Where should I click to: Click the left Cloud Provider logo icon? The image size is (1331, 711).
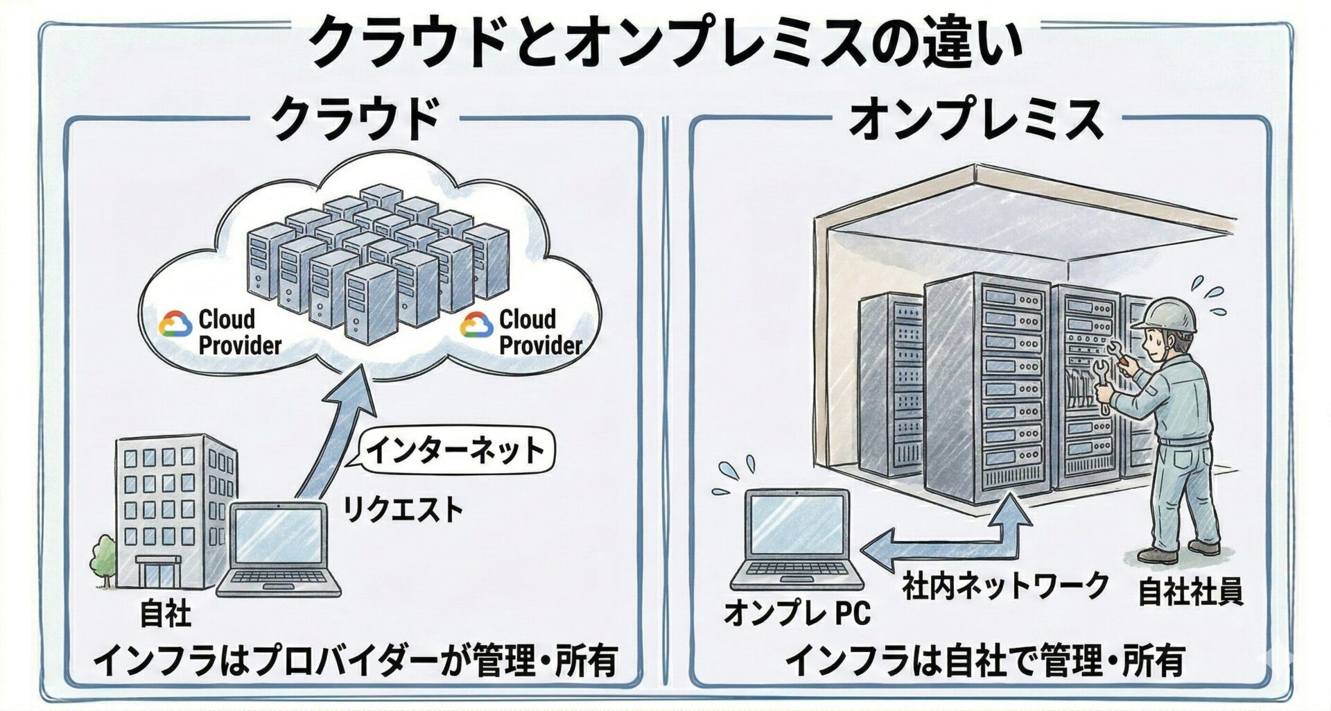click(x=175, y=324)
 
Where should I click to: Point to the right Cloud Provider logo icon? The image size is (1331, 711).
click(x=476, y=324)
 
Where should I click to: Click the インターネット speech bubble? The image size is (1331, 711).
click(x=455, y=451)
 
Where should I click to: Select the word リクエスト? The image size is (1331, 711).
click(x=403, y=511)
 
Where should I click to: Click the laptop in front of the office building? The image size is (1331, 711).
click(x=279, y=548)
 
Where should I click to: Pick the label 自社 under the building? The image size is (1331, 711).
click(x=165, y=613)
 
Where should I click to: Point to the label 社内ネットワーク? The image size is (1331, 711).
click(x=1006, y=586)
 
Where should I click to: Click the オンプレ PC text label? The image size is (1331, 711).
click(x=797, y=613)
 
